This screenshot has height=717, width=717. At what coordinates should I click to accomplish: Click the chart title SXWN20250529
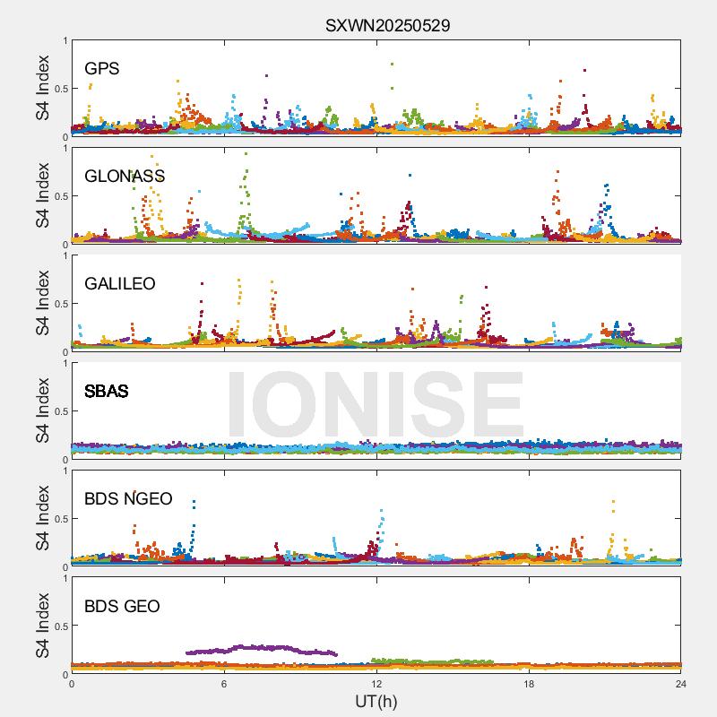387,25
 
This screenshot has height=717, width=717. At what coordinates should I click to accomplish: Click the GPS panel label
101,69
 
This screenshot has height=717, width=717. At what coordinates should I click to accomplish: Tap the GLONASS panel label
125,177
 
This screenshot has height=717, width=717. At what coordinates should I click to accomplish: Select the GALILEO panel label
119,284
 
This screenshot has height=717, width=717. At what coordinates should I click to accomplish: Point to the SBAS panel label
106,392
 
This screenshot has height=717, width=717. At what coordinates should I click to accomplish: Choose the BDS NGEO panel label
128,499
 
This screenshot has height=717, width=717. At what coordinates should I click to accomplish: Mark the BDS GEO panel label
122,607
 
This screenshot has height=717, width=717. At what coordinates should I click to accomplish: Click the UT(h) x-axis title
376,701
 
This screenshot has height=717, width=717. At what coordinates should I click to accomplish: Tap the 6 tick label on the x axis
224,684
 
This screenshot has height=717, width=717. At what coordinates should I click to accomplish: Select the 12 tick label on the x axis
376,684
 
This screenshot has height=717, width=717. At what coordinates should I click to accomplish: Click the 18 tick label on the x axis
529,684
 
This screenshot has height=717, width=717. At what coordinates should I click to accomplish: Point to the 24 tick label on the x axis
681,684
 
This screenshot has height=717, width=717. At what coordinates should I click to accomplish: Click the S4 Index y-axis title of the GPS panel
43,88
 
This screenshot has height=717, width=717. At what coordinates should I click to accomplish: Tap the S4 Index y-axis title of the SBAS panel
43,410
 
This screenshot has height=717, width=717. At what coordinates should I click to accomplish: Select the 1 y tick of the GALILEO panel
65,255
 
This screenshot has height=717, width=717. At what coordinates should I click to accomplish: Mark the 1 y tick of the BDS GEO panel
65,578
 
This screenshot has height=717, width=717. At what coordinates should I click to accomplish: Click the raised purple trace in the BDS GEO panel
260,648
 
